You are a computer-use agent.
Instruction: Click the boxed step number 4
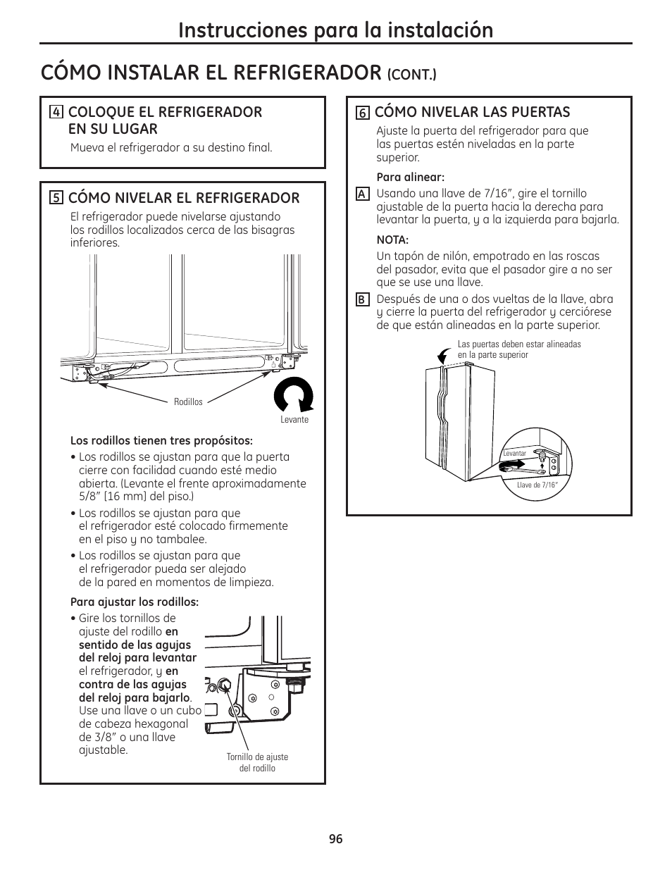click(x=56, y=113)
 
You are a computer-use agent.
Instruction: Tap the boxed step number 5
click(x=56, y=199)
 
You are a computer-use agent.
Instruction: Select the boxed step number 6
click(x=363, y=113)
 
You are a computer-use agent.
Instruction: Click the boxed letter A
click(x=362, y=194)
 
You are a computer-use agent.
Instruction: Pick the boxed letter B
click(x=362, y=299)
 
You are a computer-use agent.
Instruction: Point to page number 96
click(x=335, y=839)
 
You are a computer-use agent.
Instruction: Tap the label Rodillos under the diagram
click(x=188, y=402)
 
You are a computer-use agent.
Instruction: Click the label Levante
click(x=294, y=420)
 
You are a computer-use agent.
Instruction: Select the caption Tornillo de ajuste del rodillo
click(x=257, y=762)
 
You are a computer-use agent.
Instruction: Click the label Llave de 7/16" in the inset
click(x=537, y=485)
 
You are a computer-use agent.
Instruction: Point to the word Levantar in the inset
click(x=515, y=454)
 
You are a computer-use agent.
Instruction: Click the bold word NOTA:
click(x=392, y=240)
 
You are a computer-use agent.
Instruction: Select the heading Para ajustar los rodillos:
click(x=135, y=602)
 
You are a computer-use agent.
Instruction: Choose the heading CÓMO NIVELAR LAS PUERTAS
click(x=472, y=112)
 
